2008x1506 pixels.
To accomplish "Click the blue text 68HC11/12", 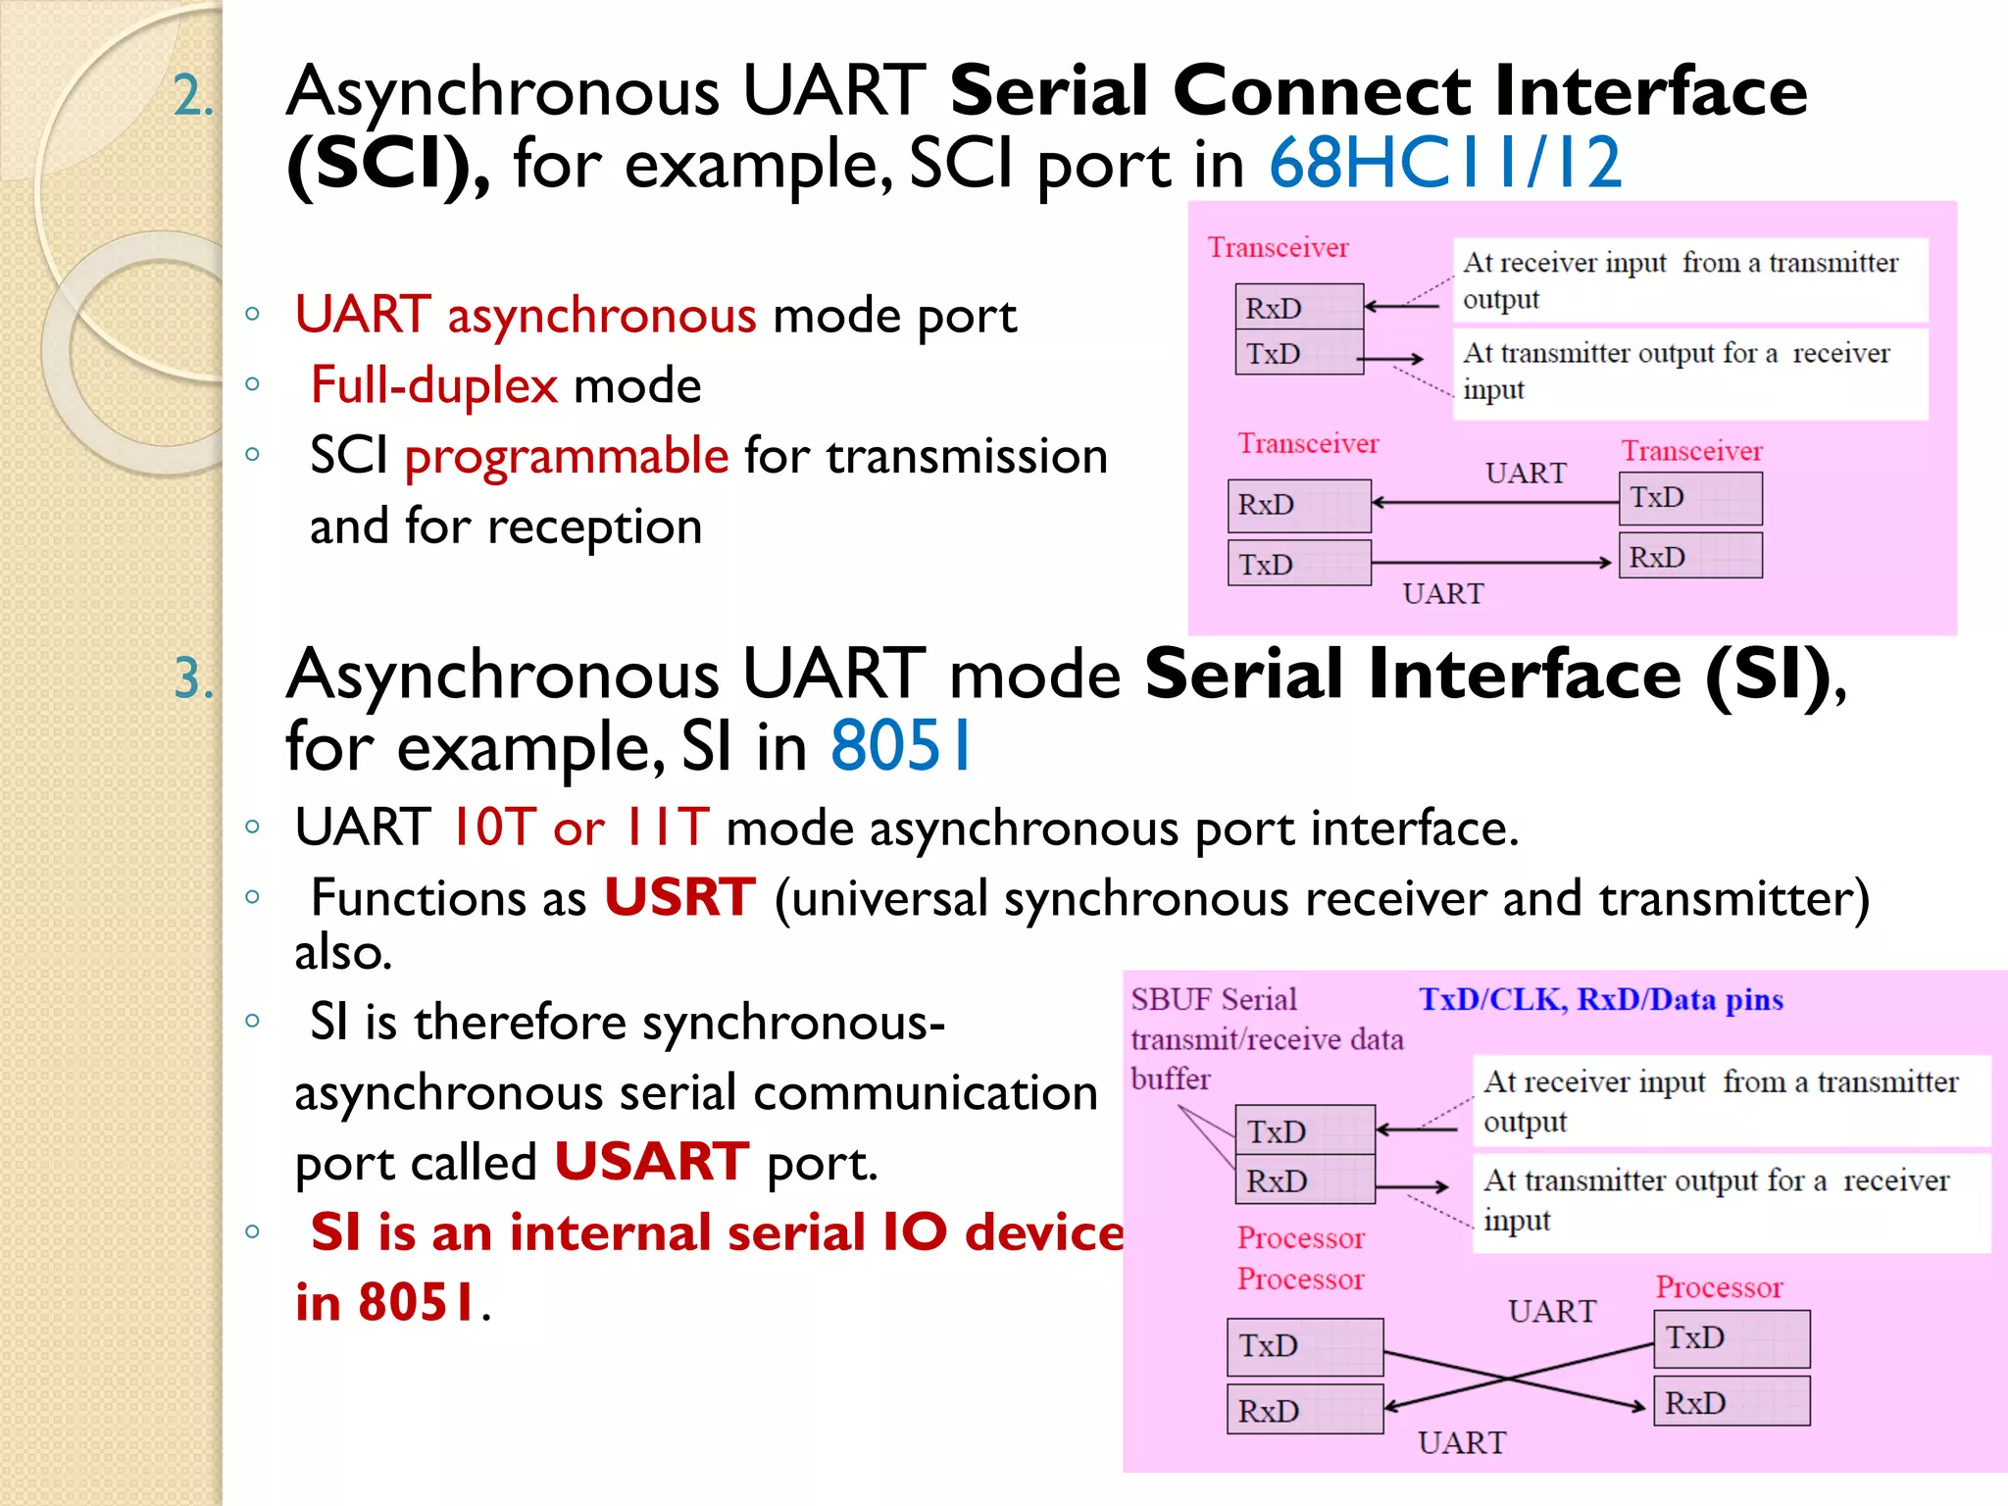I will click(1445, 163).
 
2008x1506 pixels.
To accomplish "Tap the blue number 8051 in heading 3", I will click(900, 747).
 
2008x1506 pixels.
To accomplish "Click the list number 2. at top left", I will click(193, 98).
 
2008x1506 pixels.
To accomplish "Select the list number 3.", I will click(193, 678).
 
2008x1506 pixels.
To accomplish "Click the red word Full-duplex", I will click(433, 385).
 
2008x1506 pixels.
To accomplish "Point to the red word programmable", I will click(567, 456).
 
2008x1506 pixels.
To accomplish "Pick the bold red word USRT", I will click(679, 897).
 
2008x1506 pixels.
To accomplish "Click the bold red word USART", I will click(652, 1162).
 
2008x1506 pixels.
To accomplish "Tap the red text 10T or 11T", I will click(579, 828).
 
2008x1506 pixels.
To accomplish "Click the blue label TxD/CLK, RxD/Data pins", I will click(1600, 999).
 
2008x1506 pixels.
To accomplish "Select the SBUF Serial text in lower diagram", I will click(1214, 1000).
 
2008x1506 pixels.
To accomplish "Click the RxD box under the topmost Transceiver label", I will click(1298, 308).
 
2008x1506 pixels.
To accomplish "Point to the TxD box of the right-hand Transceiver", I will click(1689, 498).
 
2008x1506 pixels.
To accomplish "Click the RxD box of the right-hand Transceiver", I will click(1689, 557).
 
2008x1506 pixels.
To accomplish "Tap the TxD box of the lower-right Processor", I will click(1731, 1338).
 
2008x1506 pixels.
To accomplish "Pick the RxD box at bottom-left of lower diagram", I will click(1304, 1410).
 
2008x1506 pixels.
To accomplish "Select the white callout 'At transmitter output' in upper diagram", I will click(1688, 372).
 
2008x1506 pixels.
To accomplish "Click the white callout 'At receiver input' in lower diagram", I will click(1731, 1100).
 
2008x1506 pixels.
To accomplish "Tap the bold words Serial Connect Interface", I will click(1377, 91).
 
